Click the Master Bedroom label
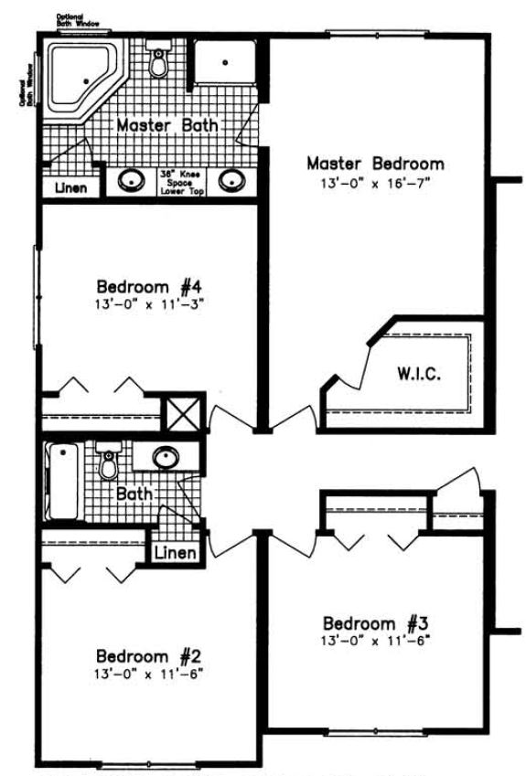click(375, 165)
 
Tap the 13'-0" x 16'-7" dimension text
click(375, 182)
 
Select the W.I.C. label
click(420, 374)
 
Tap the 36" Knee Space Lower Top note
click(181, 180)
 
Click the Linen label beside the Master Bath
click(70, 189)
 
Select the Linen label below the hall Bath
click(172, 553)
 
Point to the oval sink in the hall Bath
click(166, 456)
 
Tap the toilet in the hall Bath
click(110, 462)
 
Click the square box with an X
click(180, 414)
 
